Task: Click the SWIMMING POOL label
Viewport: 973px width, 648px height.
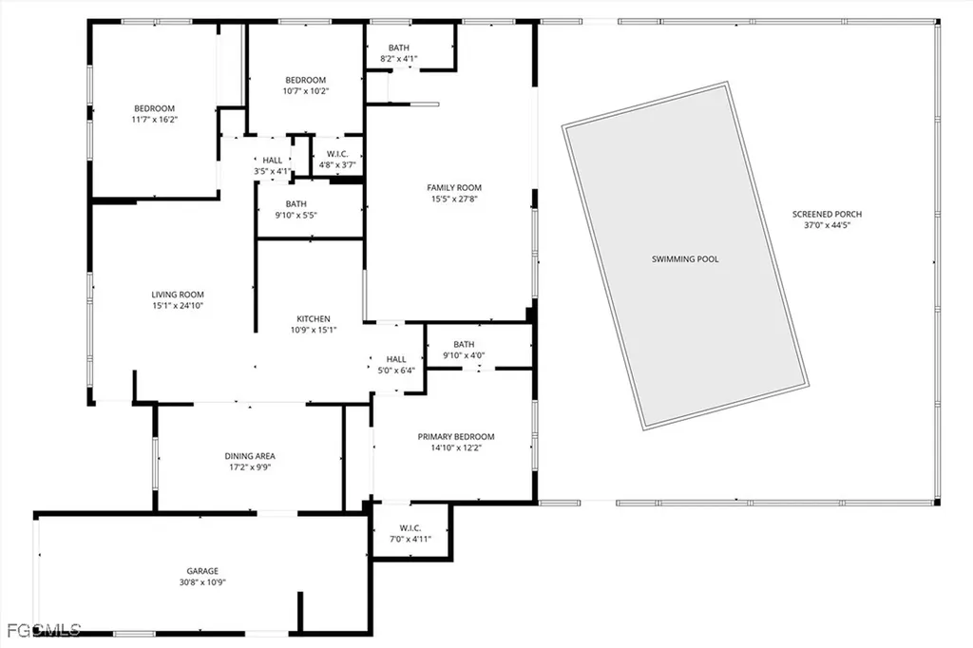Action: pyautogui.click(x=684, y=258)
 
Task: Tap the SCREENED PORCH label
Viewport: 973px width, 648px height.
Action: pyautogui.click(x=827, y=214)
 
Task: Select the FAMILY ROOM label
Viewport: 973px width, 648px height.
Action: pyautogui.click(x=454, y=187)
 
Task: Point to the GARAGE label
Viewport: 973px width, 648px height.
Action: pyautogui.click(x=202, y=571)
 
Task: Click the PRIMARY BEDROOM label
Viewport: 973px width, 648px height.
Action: pyautogui.click(x=456, y=437)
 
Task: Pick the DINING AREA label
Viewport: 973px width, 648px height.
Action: pyautogui.click(x=250, y=456)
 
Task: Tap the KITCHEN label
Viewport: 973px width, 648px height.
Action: pyautogui.click(x=313, y=318)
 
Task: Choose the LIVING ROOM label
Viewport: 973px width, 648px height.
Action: pyautogui.click(x=178, y=295)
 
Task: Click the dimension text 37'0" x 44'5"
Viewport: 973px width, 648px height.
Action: pyautogui.click(x=827, y=225)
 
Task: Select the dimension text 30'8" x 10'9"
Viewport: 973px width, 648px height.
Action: pyautogui.click(x=202, y=582)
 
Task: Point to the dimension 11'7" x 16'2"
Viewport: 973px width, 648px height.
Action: pyautogui.click(x=154, y=120)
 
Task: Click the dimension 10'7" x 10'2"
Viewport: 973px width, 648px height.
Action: pyautogui.click(x=306, y=91)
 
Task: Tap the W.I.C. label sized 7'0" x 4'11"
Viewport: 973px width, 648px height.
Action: pyautogui.click(x=410, y=527)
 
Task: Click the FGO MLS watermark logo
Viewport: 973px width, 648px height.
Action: pyautogui.click(x=43, y=629)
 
